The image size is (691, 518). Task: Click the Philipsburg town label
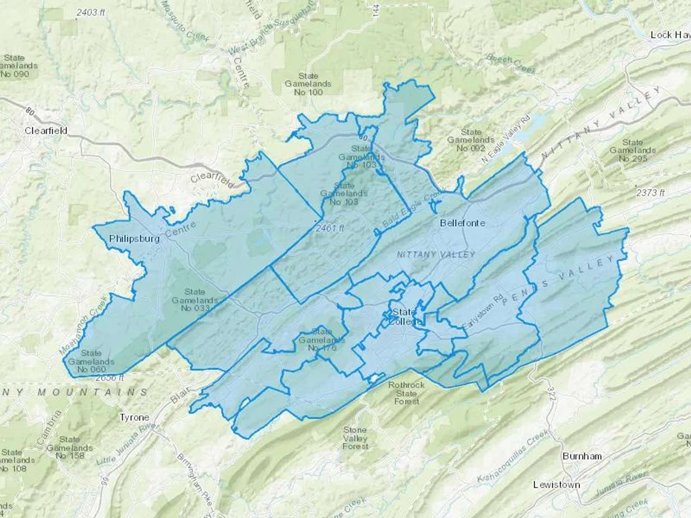(x=134, y=239)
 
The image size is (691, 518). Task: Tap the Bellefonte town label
(x=463, y=223)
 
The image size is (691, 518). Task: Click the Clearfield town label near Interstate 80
(x=46, y=130)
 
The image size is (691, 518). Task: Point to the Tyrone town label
(x=134, y=417)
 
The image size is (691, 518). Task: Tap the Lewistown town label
(x=557, y=485)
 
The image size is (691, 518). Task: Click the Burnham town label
(x=582, y=456)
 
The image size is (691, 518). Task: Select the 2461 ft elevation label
(x=331, y=228)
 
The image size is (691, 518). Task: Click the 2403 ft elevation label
(x=91, y=13)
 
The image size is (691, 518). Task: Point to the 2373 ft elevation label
(x=650, y=193)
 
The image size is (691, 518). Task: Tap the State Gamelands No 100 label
(x=308, y=84)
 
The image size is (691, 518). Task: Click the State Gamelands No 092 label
(x=471, y=140)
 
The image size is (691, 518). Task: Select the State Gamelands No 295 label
(x=633, y=150)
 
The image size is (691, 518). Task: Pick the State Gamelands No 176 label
(x=322, y=340)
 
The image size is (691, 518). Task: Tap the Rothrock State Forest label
(x=407, y=393)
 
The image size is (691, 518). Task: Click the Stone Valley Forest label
(x=355, y=438)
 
